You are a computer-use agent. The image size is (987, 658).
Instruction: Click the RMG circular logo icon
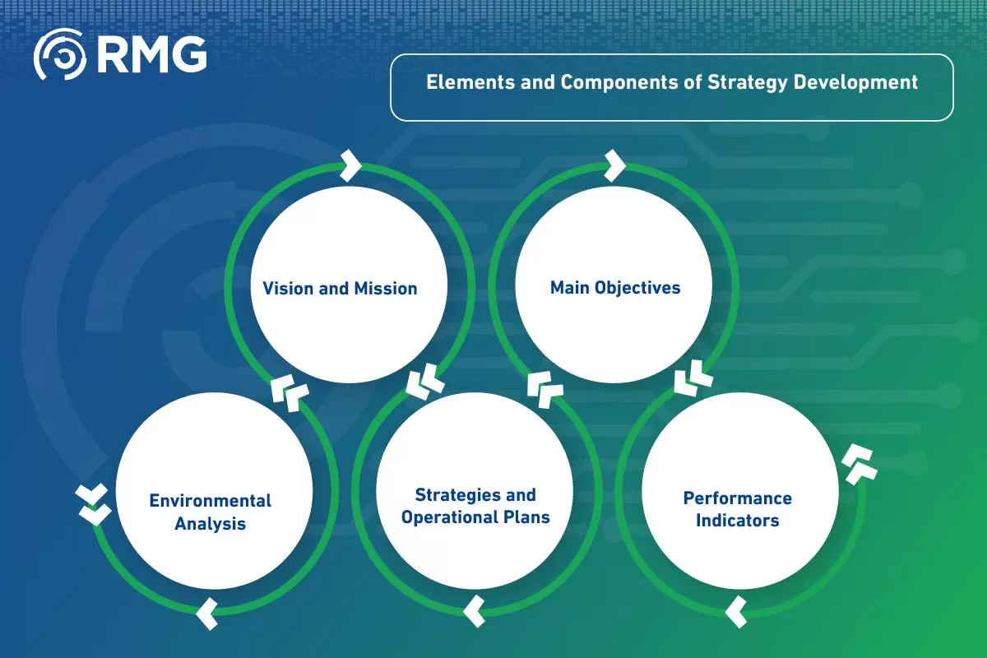tap(58, 54)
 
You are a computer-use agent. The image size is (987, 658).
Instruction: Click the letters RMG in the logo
tap(151, 54)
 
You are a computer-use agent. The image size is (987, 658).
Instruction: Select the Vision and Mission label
tap(340, 289)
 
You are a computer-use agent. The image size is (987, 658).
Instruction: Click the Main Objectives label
tap(615, 288)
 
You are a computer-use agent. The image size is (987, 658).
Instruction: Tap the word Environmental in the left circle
tap(210, 501)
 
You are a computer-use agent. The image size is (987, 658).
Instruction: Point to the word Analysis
tap(210, 523)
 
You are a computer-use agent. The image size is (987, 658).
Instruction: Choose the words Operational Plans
tap(475, 517)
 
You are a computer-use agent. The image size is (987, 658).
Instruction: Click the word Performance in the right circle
tap(737, 498)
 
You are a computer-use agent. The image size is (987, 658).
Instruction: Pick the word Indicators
tap(737, 521)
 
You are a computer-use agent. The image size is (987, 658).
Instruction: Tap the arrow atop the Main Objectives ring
tap(614, 164)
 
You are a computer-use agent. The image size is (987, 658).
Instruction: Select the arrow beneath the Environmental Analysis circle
tap(208, 613)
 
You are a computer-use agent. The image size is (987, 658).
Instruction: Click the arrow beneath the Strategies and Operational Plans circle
tap(474, 611)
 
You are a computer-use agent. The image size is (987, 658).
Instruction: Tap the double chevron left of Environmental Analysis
tap(92, 505)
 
